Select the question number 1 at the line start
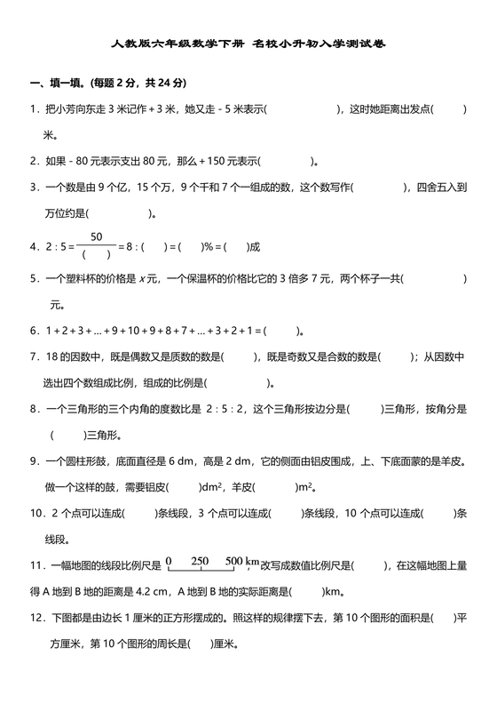coord(33,109)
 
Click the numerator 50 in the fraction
coord(97,236)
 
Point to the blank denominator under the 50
coord(96,254)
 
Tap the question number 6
coord(33,332)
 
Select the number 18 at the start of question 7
coord(49,357)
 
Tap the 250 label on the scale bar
coord(200,561)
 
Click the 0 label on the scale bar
coord(168,561)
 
